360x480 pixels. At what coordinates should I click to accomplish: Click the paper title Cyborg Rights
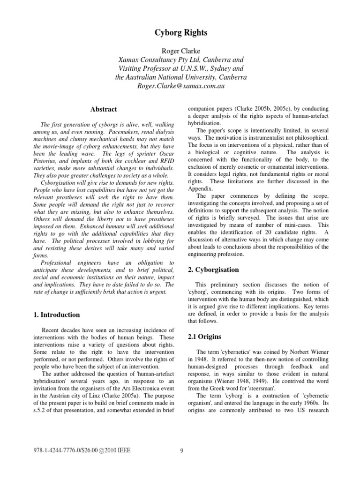click(x=180, y=32)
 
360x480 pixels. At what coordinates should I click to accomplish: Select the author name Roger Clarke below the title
click(x=180, y=52)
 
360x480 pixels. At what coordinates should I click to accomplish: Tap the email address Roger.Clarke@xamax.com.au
click(x=180, y=86)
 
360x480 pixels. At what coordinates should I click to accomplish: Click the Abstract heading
click(x=104, y=109)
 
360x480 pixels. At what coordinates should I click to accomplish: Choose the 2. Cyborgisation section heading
click(x=213, y=270)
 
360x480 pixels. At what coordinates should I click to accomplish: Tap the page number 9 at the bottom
click(x=181, y=451)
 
